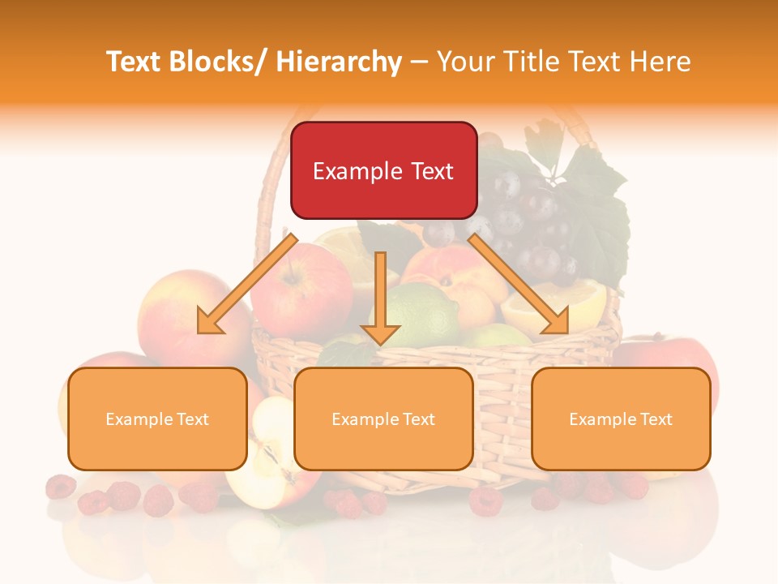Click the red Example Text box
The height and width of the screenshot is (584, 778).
pyautogui.click(x=383, y=170)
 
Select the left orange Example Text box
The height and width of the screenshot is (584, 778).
pyautogui.click(x=157, y=419)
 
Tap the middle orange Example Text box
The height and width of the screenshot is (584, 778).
pyautogui.click(x=383, y=419)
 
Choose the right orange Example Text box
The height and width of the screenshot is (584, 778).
pyautogui.click(x=621, y=419)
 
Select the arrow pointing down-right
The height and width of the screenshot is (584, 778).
pyautogui.click(x=519, y=284)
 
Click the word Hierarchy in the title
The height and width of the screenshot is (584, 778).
pyautogui.click(x=339, y=61)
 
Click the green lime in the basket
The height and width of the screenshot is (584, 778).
pyautogui.click(x=425, y=312)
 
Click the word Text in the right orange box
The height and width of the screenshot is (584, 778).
pyautogui.click(x=656, y=419)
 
